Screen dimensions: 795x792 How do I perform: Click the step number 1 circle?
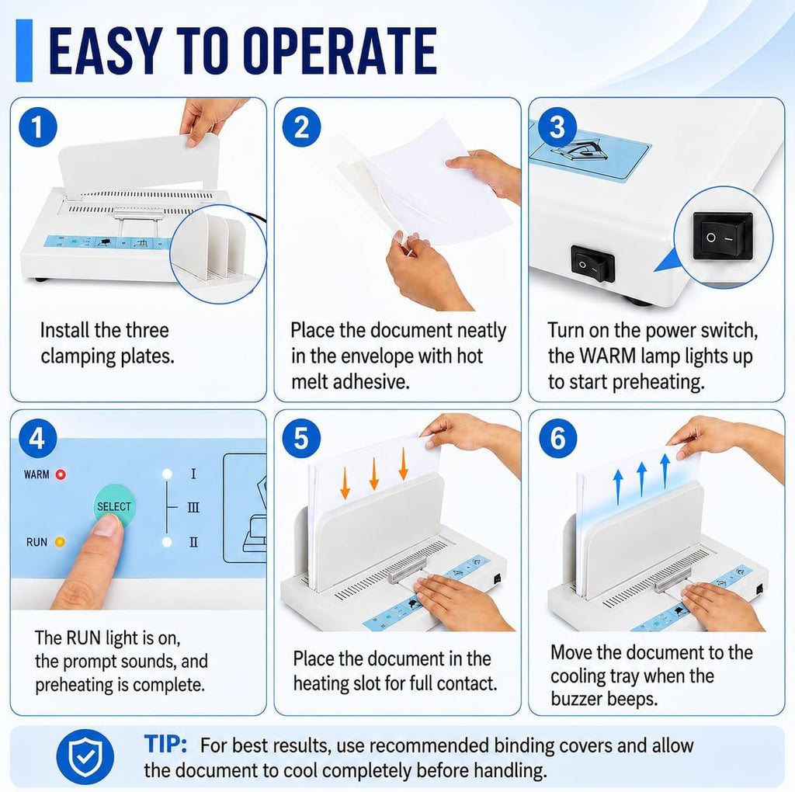37,127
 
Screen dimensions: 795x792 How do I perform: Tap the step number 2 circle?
301,127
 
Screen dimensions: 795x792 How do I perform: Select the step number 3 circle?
557,127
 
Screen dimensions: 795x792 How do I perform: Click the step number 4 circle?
37,438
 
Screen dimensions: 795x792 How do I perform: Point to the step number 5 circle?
301,438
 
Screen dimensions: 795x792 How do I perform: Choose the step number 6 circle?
557,438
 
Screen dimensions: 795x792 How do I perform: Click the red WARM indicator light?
61,474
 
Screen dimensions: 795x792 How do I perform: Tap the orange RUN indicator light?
60,542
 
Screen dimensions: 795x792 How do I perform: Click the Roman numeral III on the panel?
193,507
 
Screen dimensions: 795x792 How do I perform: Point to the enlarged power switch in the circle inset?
722,236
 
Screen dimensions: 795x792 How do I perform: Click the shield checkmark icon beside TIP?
85,757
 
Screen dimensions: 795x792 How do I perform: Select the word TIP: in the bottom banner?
165,745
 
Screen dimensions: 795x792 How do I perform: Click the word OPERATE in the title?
340,50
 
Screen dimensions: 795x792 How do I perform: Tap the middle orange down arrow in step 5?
374,474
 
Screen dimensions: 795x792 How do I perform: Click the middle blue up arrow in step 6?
641,478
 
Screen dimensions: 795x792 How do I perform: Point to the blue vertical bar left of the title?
24,50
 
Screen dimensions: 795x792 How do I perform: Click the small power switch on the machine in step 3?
592,264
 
